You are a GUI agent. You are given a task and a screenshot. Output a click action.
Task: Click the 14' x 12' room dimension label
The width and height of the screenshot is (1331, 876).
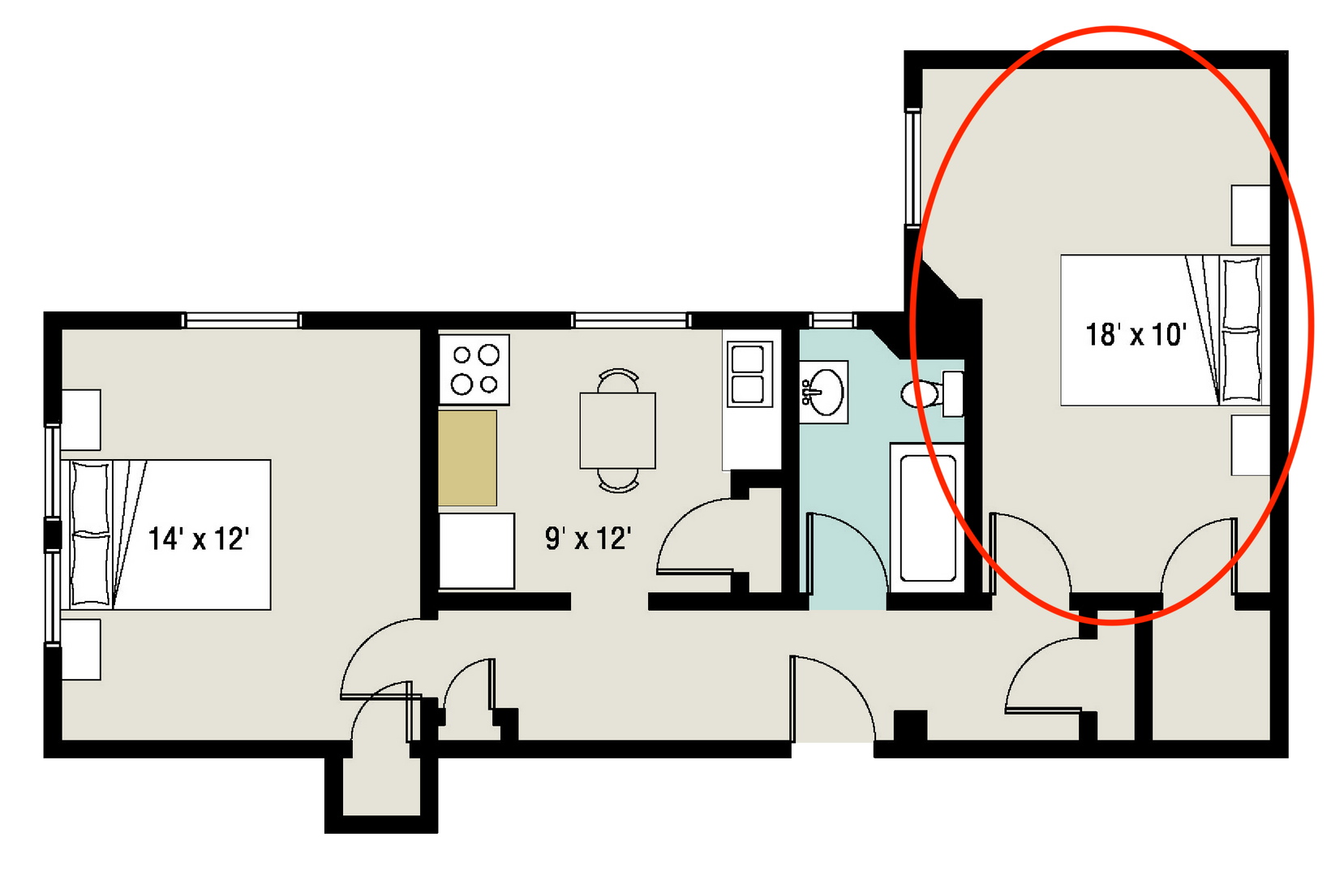click(199, 539)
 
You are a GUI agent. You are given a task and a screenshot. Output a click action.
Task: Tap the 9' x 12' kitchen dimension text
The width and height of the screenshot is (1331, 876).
click(588, 538)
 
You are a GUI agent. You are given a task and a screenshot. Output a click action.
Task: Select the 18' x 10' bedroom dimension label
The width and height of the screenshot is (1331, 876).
click(1136, 334)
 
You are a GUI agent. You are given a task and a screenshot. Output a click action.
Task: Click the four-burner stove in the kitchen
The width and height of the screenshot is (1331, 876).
click(474, 369)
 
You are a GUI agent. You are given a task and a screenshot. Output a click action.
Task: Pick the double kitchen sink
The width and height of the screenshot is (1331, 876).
click(747, 374)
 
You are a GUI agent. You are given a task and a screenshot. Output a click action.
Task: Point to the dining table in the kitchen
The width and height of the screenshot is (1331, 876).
click(617, 431)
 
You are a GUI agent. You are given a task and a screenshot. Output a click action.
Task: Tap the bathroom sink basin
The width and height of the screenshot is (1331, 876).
click(824, 392)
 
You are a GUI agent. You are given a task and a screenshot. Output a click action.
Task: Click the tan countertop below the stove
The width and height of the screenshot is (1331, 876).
click(467, 458)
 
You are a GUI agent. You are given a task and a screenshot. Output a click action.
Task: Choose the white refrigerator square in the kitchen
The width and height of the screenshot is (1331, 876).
click(477, 551)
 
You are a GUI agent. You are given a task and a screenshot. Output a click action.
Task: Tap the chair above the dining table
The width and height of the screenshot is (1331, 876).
click(618, 380)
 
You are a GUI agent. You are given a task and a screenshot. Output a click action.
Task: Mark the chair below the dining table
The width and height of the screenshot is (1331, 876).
click(618, 481)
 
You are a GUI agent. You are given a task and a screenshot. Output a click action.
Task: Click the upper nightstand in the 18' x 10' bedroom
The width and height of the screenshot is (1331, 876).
click(1250, 215)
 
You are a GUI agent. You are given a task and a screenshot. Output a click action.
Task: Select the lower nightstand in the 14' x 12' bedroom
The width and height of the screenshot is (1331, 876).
click(81, 650)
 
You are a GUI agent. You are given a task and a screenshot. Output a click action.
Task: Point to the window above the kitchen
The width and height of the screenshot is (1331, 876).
click(631, 320)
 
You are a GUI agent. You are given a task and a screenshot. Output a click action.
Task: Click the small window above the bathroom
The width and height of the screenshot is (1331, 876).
click(834, 320)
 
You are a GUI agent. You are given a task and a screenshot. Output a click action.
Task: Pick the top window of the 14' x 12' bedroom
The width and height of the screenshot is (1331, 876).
click(242, 320)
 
